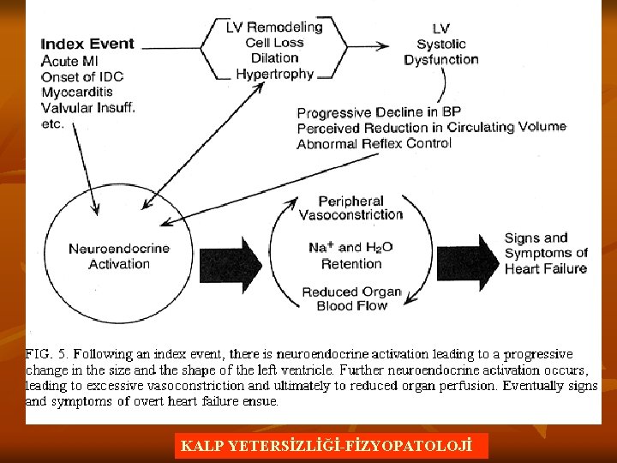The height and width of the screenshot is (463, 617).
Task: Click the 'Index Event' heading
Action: pos(87,44)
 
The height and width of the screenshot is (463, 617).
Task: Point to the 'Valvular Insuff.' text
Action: pos(88,107)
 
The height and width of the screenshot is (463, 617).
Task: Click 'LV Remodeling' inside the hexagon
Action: pos(274,27)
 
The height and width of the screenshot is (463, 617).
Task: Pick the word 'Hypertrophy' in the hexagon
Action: pos(274,74)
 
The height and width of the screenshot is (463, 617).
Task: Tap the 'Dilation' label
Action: pos(274,58)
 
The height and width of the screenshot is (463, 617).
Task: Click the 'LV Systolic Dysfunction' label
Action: pos(441,44)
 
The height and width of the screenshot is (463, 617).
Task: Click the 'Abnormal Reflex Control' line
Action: pos(374,143)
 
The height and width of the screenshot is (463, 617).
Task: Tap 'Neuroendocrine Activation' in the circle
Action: pos(119,256)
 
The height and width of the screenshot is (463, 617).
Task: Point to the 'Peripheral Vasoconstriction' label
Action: pos(350,207)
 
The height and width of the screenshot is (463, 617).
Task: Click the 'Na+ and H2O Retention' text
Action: pos(350,255)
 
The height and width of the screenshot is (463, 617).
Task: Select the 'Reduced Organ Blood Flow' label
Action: pos(352,298)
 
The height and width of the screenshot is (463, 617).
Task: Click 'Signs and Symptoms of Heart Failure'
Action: pos(546,253)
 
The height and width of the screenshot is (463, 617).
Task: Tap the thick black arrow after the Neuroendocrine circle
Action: pos(231,257)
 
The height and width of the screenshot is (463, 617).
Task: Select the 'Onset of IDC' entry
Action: pos(82,76)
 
